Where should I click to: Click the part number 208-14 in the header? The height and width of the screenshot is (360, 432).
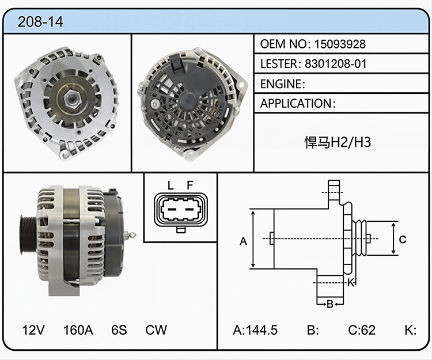(x=40, y=22)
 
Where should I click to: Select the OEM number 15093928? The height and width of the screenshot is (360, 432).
(x=340, y=44)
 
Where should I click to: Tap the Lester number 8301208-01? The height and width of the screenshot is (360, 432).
(x=336, y=64)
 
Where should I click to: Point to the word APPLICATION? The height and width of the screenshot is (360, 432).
(x=296, y=104)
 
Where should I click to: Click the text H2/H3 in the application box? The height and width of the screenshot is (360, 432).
(x=350, y=142)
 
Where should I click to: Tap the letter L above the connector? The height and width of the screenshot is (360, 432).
(x=170, y=185)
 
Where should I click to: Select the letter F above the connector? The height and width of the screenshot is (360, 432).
(x=190, y=185)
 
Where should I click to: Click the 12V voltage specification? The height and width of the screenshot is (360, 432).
(x=33, y=329)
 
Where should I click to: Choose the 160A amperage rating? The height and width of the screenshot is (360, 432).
(x=78, y=329)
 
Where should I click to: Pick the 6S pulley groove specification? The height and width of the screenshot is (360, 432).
(x=119, y=329)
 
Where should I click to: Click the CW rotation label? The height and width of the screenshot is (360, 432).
(x=156, y=329)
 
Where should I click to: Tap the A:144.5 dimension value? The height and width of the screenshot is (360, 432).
(x=255, y=330)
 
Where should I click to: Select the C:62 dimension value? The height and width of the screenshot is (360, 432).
(x=362, y=330)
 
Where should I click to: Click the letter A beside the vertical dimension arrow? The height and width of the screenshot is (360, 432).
(x=243, y=241)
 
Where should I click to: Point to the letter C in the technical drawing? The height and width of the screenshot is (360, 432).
(x=403, y=240)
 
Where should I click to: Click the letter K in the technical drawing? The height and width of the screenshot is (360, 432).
(x=350, y=283)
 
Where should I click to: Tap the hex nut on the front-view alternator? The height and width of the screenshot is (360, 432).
(x=71, y=97)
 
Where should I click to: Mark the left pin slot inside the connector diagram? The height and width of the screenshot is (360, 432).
(x=172, y=210)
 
